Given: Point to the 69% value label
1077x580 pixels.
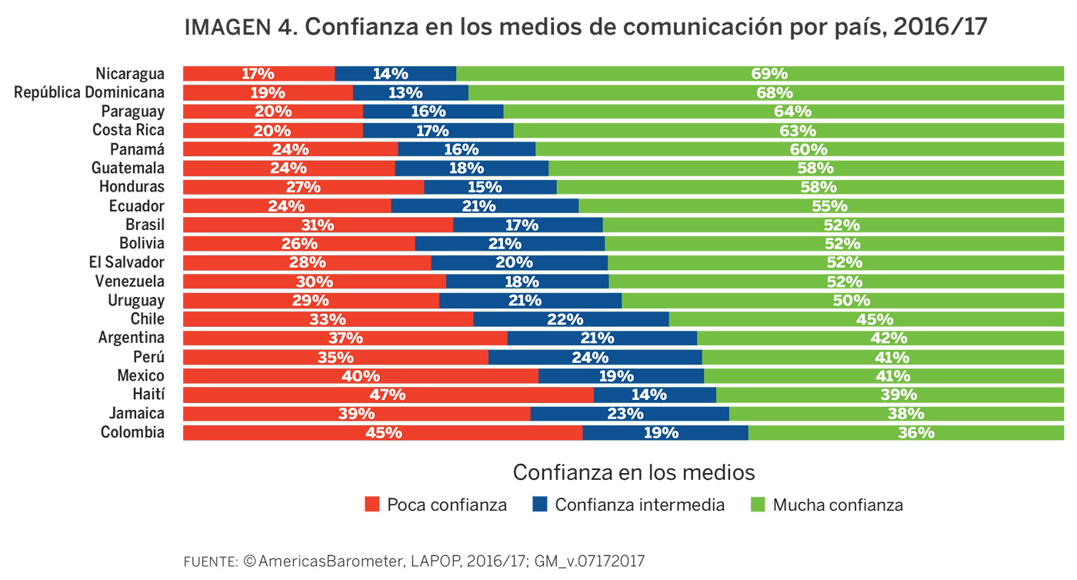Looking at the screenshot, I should [x=769, y=74].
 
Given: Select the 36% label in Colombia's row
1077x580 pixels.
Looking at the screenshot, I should [x=915, y=432].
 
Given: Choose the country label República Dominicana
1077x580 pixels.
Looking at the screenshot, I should [x=89, y=92].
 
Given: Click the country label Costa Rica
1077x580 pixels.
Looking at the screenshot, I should [x=128, y=130].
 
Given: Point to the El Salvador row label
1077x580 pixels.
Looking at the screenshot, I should [x=127, y=262].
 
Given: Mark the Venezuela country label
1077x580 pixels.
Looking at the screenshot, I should [x=130, y=281].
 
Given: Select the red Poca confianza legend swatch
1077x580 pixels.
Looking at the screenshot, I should [x=372, y=505].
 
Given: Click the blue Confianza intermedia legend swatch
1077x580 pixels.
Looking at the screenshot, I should [x=540, y=505].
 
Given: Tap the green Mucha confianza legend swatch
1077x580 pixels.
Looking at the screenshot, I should [x=758, y=505].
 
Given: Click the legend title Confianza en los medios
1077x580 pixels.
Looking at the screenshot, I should [x=633, y=472].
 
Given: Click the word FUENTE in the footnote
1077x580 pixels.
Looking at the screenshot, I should [x=209, y=562].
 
